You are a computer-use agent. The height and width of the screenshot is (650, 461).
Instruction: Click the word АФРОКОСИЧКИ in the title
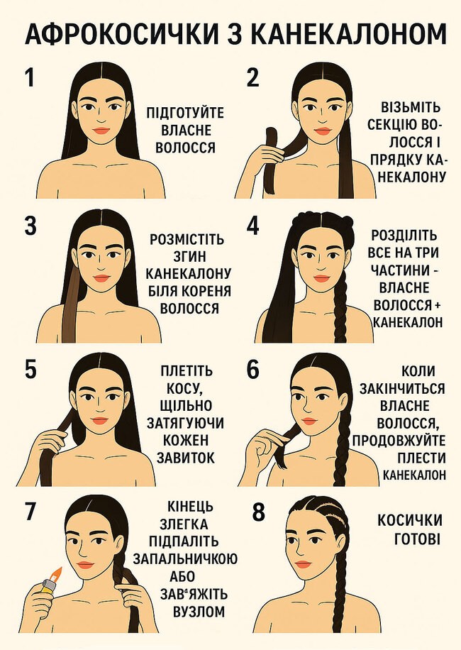point(121,34)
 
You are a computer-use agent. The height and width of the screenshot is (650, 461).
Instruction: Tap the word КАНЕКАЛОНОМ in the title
point(349,34)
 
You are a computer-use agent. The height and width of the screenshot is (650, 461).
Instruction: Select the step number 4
point(252,226)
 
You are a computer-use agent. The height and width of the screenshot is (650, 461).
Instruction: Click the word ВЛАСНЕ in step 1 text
point(185,130)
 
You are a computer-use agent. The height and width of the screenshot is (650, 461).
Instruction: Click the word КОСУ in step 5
point(184,388)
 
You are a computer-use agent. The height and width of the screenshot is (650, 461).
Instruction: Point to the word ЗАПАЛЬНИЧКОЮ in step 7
point(185,558)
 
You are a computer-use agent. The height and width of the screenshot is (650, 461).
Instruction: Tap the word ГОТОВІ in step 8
point(417,539)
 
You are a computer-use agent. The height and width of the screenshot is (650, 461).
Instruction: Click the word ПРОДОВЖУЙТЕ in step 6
point(399,440)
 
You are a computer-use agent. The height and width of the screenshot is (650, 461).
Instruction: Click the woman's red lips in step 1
point(101,131)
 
